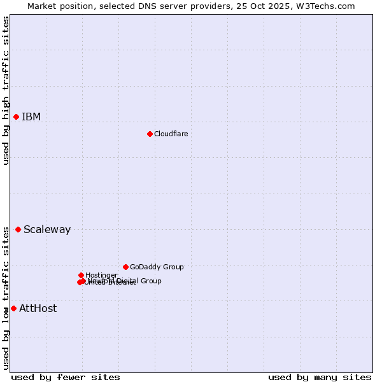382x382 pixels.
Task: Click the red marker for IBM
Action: (16, 117)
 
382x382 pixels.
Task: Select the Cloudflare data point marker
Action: (150, 134)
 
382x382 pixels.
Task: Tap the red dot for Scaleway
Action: (18, 229)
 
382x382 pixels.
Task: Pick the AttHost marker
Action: (13, 308)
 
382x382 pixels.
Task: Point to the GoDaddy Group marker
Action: (125, 267)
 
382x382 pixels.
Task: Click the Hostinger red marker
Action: (81, 275)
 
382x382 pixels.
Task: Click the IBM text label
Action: (31, 117)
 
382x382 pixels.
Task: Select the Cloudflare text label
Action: (171, 134)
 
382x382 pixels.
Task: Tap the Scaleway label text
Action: (47, 229)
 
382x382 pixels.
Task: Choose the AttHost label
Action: (38, 308)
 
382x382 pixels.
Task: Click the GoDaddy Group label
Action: (156, 267)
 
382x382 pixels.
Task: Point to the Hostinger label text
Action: (101, 275)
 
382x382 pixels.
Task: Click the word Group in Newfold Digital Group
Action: (151, 281)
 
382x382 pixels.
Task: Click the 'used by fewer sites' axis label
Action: (66, 377)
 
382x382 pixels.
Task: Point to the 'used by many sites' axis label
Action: (320, 377)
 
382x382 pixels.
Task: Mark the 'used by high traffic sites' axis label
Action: (6, 90)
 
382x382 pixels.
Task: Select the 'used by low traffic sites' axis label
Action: (6, 298)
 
